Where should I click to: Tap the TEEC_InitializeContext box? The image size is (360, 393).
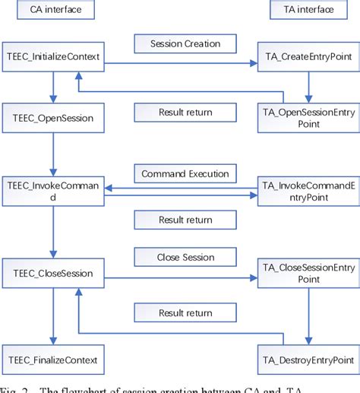point(52,57)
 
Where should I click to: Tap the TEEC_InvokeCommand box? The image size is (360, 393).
point(52,192)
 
